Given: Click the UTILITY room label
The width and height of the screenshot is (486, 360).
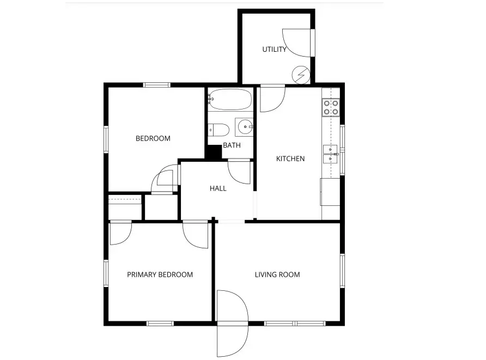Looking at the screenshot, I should [x=274, y=50].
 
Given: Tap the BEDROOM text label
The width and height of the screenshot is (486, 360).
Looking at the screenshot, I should [x=153, y=138].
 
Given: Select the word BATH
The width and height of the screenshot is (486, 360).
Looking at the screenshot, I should [x=232, y=145].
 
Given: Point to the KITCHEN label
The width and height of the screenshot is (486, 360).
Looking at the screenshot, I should [x=290, y=159].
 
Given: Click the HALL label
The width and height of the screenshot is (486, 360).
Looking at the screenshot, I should [x=218, y=188].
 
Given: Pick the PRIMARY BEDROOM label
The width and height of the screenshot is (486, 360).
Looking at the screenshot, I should [x=160, y=274].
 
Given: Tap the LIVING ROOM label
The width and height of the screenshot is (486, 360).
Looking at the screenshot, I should [x=277, y=274].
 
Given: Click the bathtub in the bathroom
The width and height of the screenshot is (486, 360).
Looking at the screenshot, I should [x=230, y=100].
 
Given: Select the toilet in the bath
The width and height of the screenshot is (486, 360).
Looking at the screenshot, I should [x=218, y=130].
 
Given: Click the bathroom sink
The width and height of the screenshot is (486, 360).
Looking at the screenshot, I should [x=244, y=127].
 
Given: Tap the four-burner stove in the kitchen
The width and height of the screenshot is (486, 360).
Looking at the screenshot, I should [x=331, y=107].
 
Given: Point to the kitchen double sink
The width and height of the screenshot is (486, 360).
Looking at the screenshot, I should [x=331, y=154].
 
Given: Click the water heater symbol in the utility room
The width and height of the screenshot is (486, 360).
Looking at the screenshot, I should [x=301, y=74].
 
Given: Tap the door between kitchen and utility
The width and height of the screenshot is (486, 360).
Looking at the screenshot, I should [x=272, y=97].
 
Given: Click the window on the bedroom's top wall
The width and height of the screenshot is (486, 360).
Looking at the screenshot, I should [x=157, y=85].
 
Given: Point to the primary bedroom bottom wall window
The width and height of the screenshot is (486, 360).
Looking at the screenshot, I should [x=160, y=323].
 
